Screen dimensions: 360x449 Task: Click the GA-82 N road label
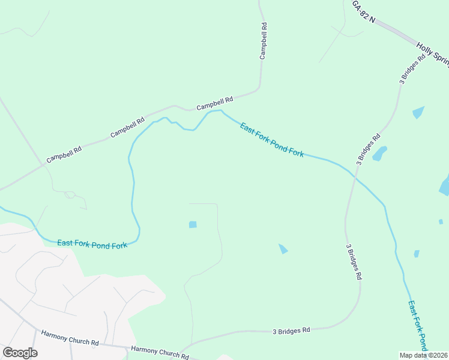pyautogui.click(x=363, y=12)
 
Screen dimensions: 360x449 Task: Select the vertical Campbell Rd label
pyautogui.click(x=263, y=41)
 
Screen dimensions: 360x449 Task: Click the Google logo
pyautogui.click(x=20, y=352)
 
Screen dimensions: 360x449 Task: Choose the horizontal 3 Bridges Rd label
pyautogui.click(x=291, y=331)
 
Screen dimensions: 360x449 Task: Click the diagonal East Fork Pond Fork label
pyautogui.click(x=271, y=140)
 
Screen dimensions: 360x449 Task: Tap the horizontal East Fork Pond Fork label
pyautogui.click(x=92, y=244)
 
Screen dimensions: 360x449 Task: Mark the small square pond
pyautogui.click(x=193, y=224)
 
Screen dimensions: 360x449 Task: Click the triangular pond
pyautogui.click(x=283, y=248)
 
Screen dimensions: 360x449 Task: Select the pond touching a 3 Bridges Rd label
pyautogui.click(x=379, y=154)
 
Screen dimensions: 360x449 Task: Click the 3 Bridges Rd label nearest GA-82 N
pyautogui.click(x=412, y=68)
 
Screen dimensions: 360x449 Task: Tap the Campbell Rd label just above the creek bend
pyautogui.click(x=215, y=104)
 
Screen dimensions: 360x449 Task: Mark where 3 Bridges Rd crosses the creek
pyautogui.click(x=354, y=178)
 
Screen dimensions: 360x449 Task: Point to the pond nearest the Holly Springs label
pyautogui.click(x=418, y=112)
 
